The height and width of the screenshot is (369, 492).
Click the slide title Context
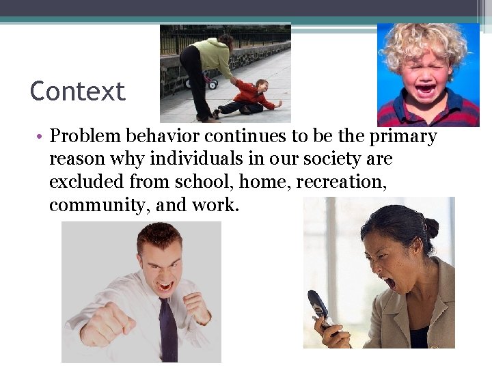pos(77,92)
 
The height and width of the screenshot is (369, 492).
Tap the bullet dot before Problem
pos(40,137)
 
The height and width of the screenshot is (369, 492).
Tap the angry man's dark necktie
pos(167,329)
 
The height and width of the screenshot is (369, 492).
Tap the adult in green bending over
pos(205,65)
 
